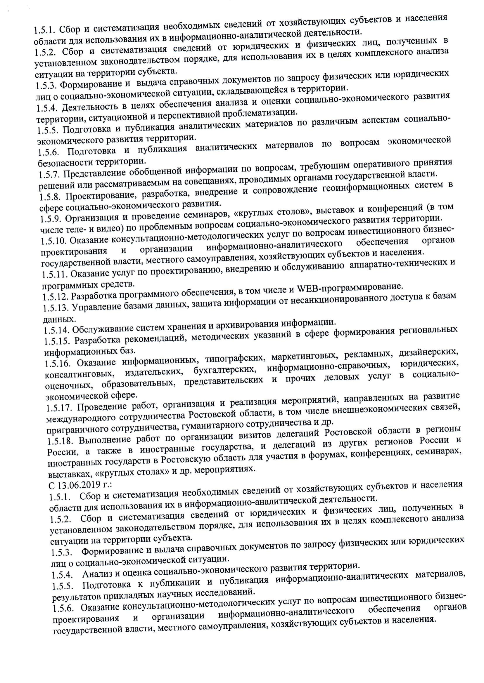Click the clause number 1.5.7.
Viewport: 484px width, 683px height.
tap(49, 175)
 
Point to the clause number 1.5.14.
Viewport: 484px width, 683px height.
tap(57, 330)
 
